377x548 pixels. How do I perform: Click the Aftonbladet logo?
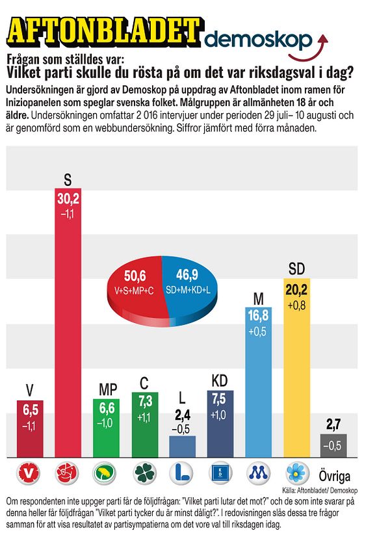(x=105, y=31)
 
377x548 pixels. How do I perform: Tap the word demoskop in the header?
(x=258, y=40)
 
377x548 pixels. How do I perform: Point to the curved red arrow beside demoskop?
(x=309, y=49)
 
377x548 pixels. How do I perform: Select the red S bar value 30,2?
(x=68, y=198)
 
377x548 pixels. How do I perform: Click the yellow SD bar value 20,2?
(x=296, y=290)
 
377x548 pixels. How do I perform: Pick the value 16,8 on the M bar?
(x=258, y=315)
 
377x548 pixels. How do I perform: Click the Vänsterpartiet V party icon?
(x=29, y=473)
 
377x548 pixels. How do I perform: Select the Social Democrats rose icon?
(x=67, y=473)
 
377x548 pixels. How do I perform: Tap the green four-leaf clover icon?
(x=144, y=473)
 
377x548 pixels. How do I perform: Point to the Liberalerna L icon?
(x=181, y=473)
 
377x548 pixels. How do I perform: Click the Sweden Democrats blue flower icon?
(x=297, y=473)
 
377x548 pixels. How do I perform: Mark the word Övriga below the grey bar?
(x=334, y=476)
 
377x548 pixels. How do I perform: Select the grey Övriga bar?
(x=333, y=445)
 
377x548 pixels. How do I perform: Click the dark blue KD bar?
(x=220, y=424)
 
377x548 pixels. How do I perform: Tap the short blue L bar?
(x=183, y=447)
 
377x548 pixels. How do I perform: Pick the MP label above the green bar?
(x=108, y=389)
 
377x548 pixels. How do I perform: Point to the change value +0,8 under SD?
(x=296, y=306)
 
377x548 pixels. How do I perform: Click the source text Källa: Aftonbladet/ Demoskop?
(x=320, y=490)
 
